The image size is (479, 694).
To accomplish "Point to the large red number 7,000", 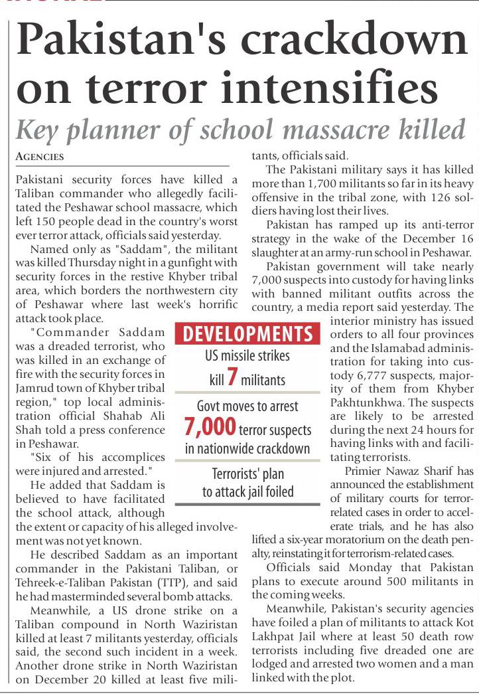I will (211, 426).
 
